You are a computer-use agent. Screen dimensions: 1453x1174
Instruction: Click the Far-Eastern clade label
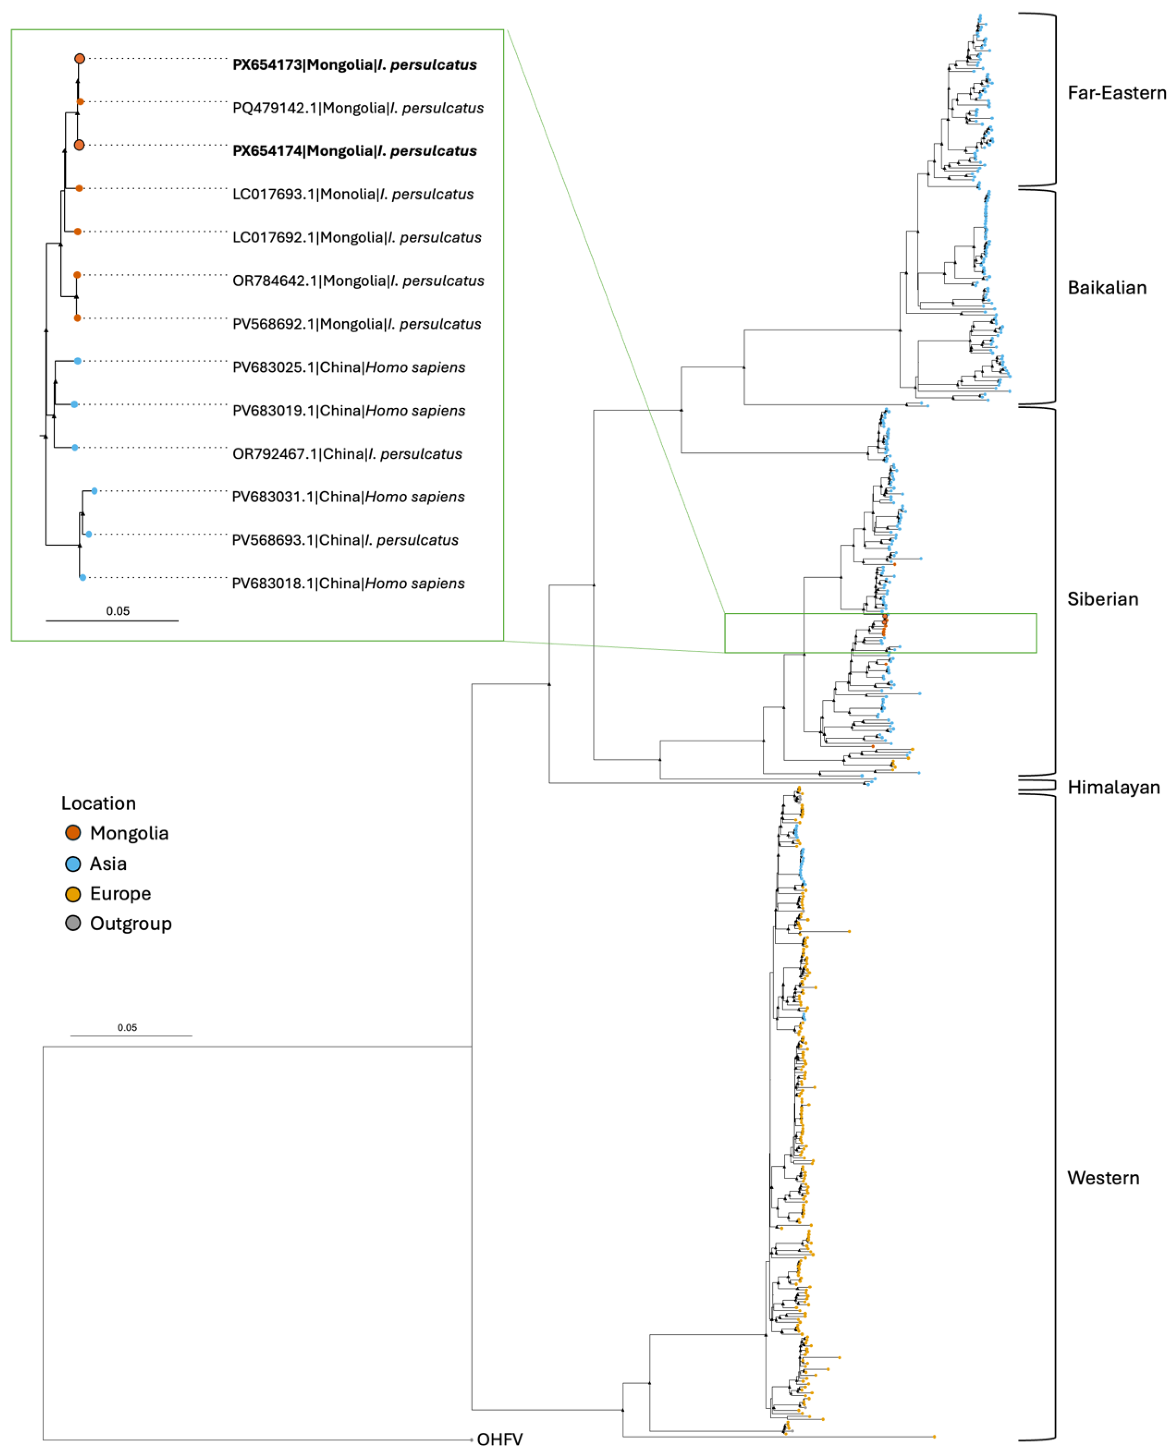click(1116, 93)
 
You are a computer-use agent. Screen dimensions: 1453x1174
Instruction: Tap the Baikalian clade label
click(1106, 288)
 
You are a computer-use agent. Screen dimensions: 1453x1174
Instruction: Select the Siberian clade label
click(1102, 599)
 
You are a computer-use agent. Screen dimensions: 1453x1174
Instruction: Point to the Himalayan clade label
click(1113, 787)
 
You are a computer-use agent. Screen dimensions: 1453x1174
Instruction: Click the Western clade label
click(1102, 1178)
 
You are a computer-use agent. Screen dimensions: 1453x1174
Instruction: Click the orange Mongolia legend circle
click(73, 832)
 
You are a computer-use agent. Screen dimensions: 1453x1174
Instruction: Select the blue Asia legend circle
click(73, 863)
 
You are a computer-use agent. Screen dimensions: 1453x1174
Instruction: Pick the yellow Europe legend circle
click(73, 894)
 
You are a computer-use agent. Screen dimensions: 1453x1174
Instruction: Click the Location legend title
click(99, 803)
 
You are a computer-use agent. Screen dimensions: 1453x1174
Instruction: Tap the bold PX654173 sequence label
click(354, 65)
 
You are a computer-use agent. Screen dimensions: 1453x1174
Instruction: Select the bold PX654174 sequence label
click(354, 151)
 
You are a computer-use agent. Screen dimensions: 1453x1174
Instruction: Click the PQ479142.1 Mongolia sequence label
click(358, 108)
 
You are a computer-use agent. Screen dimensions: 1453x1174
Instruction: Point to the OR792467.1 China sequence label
click(347, 454)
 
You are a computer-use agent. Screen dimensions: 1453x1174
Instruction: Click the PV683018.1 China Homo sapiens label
click(348, 584)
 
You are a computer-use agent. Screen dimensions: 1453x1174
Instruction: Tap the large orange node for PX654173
click(80, 59)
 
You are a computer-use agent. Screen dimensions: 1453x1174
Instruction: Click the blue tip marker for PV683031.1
click(95, 491)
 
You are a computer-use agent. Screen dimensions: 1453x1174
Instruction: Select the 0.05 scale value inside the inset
click(118, 611)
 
